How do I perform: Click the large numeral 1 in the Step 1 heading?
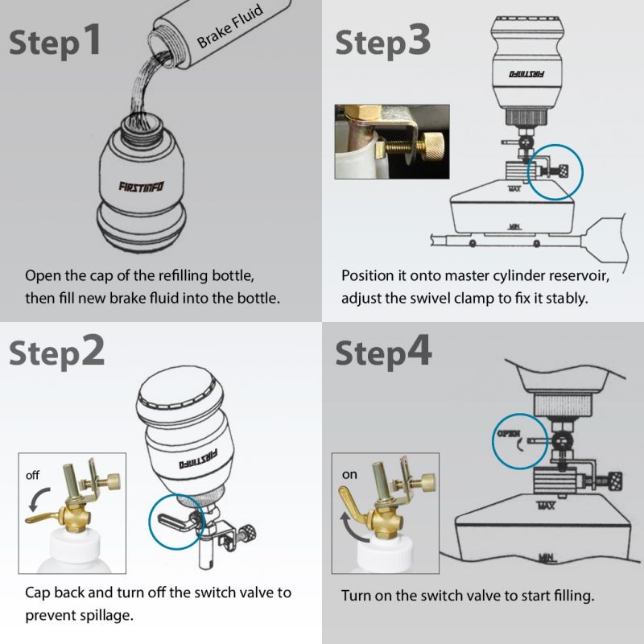point(93,39)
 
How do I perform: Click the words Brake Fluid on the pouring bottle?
point(229,27)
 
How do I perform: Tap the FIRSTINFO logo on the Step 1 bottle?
point(142,187)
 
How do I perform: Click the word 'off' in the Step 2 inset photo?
point(32,475)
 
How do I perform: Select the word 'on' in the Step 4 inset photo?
point(349,475)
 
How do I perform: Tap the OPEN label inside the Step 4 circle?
point(509,434)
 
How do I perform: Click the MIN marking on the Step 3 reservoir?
point(514,226)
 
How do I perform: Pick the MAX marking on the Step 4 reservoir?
point(547,506)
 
